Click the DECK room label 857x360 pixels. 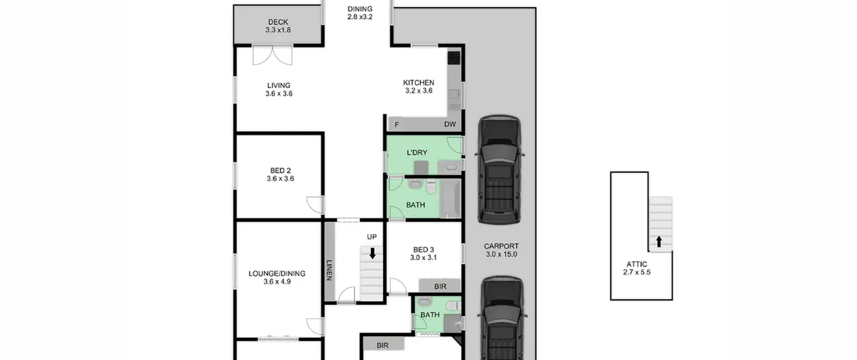[278, 22]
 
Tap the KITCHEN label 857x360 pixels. [418, 82]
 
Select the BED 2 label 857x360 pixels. [280, 171]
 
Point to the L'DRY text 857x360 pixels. [417, 153]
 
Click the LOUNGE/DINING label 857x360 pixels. [277, 274]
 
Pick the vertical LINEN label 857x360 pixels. [329, 270]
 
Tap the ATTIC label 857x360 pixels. [637, 264]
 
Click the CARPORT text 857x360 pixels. [501, 246]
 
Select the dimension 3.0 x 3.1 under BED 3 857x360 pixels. [423, 258]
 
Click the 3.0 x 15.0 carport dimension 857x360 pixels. [501, 254]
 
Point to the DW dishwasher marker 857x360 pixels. [450, 124]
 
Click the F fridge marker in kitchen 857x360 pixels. [397, 125]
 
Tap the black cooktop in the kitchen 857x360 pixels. [454, 58]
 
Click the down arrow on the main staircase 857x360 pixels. [372, 253]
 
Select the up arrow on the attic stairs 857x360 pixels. [659, 241]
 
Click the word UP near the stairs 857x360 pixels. [372, 237]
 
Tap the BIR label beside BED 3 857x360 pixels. [440, 287]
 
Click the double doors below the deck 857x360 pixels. [272, 55]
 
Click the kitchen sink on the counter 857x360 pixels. [454, 94]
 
